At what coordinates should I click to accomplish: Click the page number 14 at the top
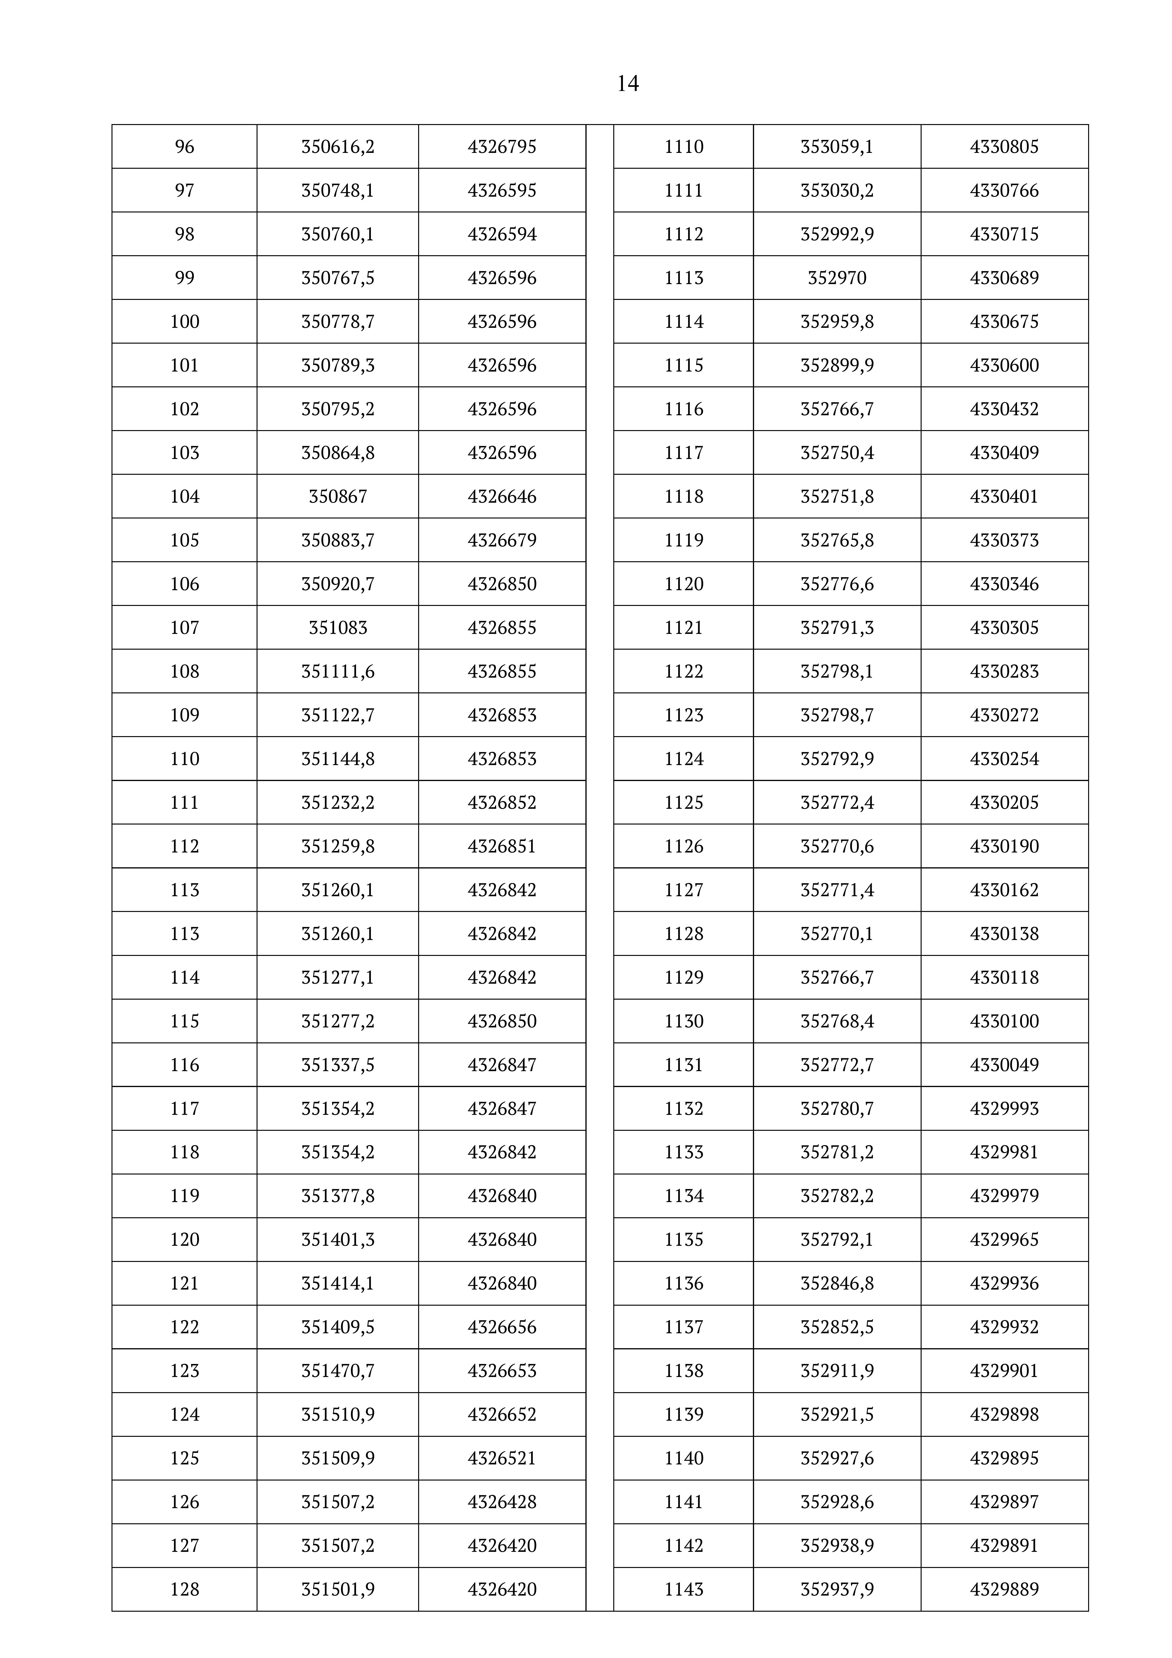[627, 84]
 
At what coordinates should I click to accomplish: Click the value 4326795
[502, 147]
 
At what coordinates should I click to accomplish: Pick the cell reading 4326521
[502, 1458]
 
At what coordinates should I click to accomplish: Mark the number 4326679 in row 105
[502, 540]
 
